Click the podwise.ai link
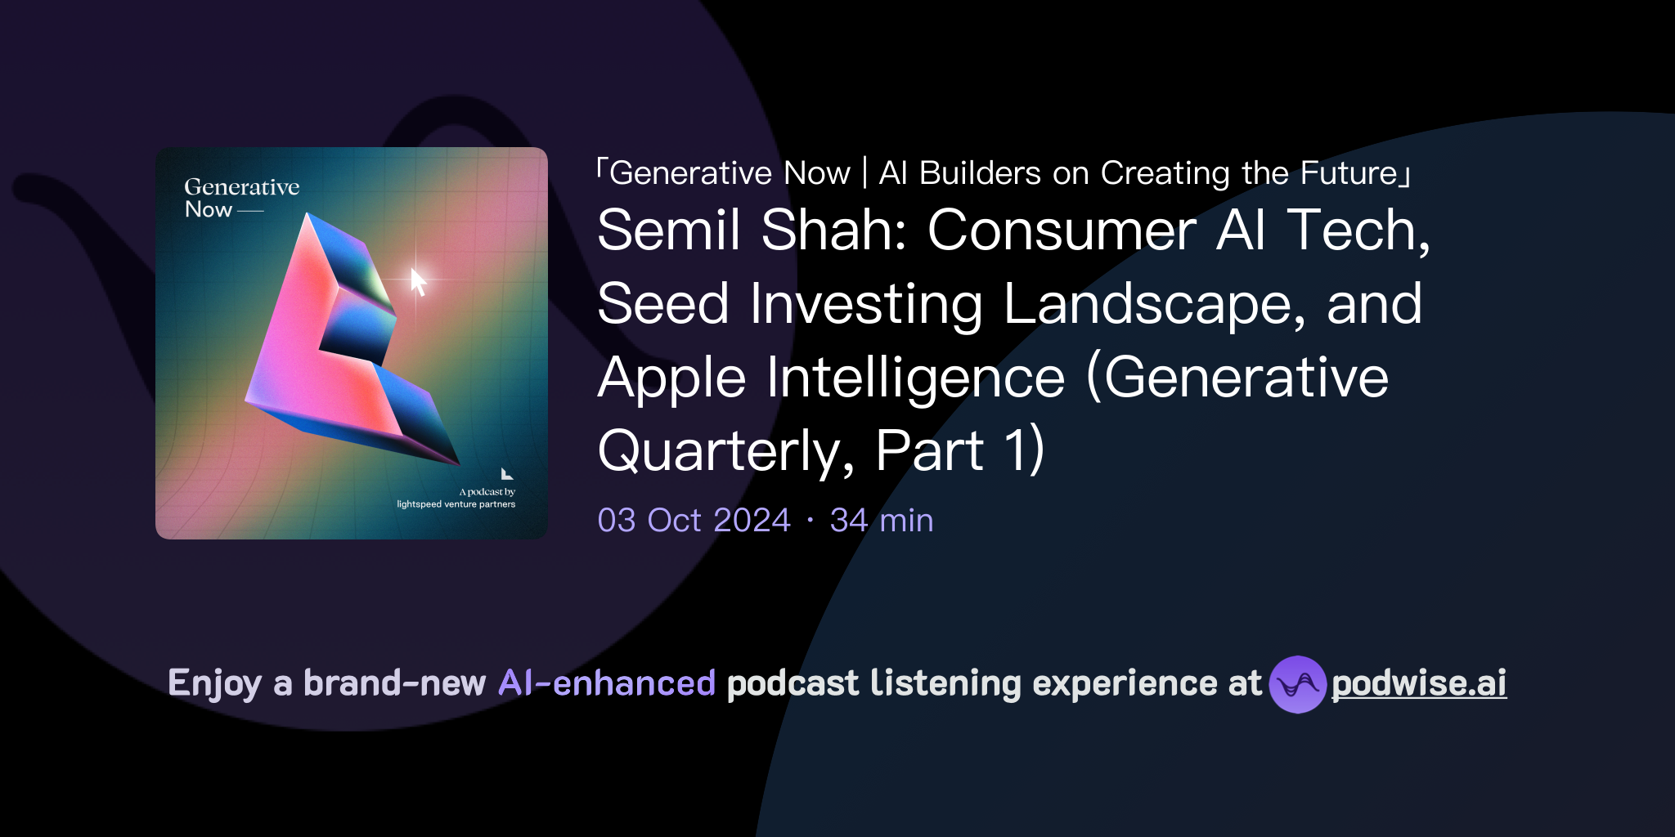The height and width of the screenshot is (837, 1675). (1419, 683)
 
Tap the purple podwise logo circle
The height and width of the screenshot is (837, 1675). (1297, 684)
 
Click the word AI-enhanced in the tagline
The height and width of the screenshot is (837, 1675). (607, 683)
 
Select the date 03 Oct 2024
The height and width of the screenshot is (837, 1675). (694, 520)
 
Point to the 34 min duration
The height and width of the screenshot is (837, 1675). (882, 520)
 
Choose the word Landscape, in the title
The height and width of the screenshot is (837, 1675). (1154, 304)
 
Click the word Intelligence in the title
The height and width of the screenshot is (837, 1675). (915, 378)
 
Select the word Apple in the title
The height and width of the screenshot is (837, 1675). (671, 378)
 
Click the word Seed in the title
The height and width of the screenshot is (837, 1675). (662, 304)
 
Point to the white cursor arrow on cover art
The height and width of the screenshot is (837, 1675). (418, 281)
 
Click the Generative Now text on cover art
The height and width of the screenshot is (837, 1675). (241, 198)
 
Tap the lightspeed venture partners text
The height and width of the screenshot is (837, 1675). (456, 504)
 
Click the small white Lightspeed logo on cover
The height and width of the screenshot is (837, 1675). (506, 473)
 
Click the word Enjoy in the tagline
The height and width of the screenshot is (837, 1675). (214, 683)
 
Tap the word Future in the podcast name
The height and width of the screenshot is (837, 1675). (1349, 173)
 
